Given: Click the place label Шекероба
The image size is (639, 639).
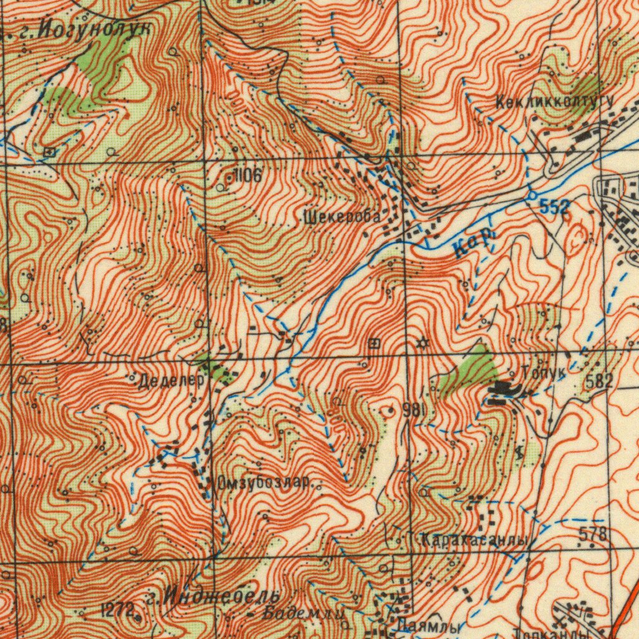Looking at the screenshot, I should pyautogui.click(x=341, y=217).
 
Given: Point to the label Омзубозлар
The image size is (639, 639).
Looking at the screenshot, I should pyautogui.click(x=264, y=482).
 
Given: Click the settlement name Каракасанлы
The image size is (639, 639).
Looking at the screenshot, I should pyautogui.click(x=473, y=540).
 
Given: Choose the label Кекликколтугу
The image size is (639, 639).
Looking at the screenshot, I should pyautogui.click(x=554, y=101).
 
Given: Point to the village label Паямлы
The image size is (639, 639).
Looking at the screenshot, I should pyautogui.click(x=432, y=625).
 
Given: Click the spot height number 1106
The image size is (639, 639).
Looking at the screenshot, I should pyautogui.click(x=246, y=176).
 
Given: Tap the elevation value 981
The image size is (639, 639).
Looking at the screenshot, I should pyautogui.click(x=414, y=410).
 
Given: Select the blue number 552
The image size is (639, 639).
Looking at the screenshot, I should pyautogui.click(x=554, y=208).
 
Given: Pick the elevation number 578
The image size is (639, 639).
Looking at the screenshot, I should pyautogui.click(x=593, y=534).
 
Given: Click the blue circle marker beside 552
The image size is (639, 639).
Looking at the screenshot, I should pyautogui.click(x=531, y=195).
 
